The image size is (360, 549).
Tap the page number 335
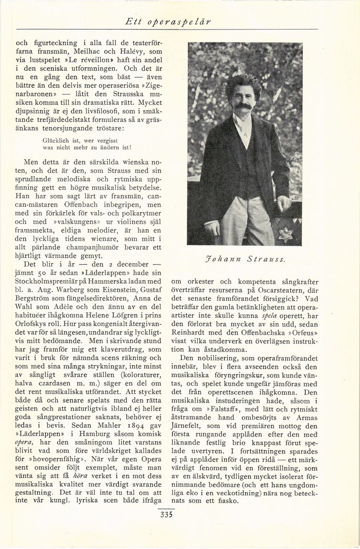click(166, 514)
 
